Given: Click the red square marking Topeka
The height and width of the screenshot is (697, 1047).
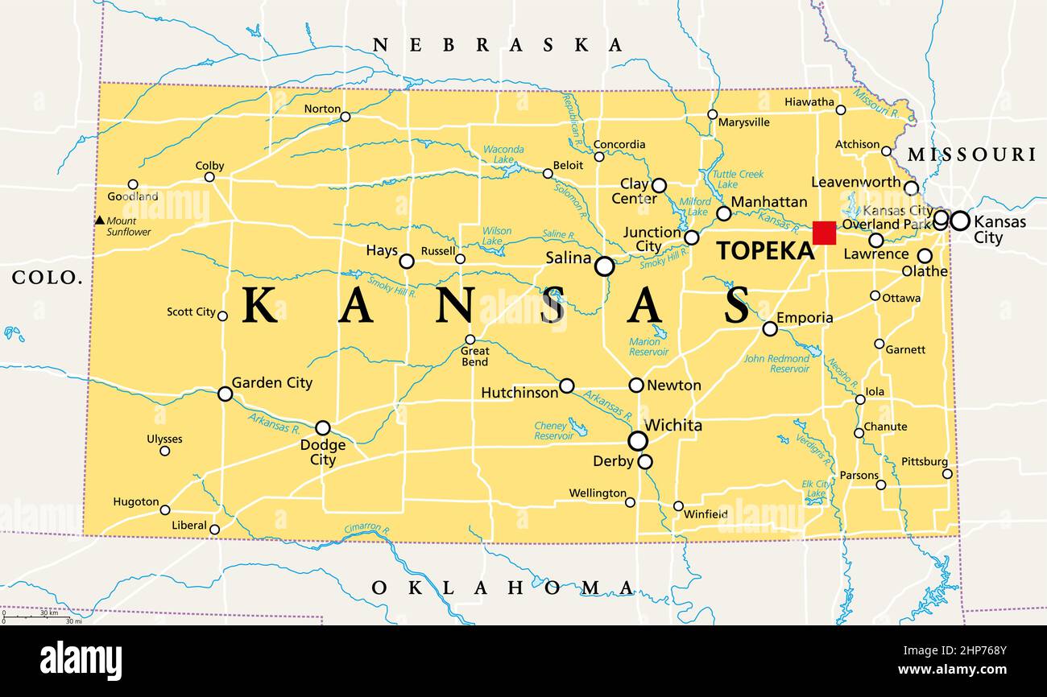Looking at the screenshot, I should pos(824,233).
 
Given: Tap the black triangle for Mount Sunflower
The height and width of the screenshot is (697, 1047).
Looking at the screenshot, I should pos(100,221).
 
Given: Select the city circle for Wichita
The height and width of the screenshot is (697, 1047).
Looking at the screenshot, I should pos(637,440).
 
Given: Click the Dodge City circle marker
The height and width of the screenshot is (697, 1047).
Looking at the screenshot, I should pos(322,427).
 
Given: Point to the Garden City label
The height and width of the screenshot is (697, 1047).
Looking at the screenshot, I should pos(271,383).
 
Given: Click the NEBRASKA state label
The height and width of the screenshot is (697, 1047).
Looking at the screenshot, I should pos(498,45).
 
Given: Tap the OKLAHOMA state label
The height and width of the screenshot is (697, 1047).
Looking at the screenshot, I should pos(503,588).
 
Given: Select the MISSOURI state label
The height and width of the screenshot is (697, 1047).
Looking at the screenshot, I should pos(971,155).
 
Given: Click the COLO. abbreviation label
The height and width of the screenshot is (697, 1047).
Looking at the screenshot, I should pos(48,278).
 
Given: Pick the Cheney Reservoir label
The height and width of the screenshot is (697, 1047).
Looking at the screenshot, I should pos(554,431).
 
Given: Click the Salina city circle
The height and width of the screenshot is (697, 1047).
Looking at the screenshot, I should pos(604,266).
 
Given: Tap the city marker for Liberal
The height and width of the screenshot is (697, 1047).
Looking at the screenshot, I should pos(214,529).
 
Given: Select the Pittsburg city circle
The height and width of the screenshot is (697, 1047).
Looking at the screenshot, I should pos(947,473).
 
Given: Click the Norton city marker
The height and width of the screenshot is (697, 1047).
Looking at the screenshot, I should pos(345,117).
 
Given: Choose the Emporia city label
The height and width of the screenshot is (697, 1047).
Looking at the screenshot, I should pos(805,318).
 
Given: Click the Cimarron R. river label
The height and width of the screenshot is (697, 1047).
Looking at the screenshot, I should pos(367,529).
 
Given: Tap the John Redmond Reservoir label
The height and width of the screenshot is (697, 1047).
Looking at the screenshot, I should pos(776,364).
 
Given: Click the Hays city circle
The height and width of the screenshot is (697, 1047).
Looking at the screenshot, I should pos(407,261).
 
